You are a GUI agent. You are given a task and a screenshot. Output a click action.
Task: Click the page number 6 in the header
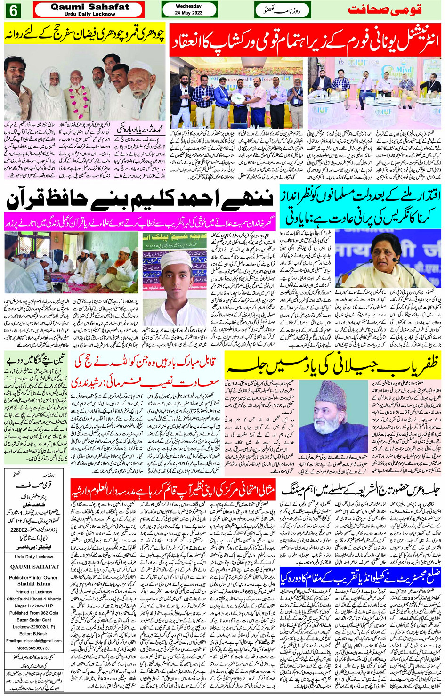(12, 10)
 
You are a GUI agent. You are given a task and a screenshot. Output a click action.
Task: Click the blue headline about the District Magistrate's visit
(360, 578)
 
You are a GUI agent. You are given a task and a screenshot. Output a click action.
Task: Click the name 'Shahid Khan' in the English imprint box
(34, 583)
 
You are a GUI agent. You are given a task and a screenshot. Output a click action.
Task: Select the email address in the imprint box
(34, 640)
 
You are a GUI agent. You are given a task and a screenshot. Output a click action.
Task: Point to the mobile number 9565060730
(34, 648)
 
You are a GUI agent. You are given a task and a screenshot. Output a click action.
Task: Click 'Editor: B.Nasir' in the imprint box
(34, 633)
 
